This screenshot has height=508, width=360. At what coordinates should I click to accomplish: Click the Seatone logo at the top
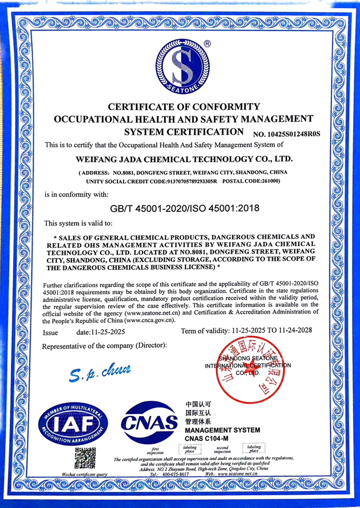[183, 66]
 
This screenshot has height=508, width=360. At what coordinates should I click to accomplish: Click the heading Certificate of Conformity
[184, 107]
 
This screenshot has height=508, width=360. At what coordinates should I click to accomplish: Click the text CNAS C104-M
[207, 438]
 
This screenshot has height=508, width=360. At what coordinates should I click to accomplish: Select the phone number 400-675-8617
[175, 474]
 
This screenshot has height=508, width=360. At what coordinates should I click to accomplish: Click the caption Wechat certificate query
[85, 474]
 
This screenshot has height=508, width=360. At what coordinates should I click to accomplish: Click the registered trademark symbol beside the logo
[207, 44]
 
